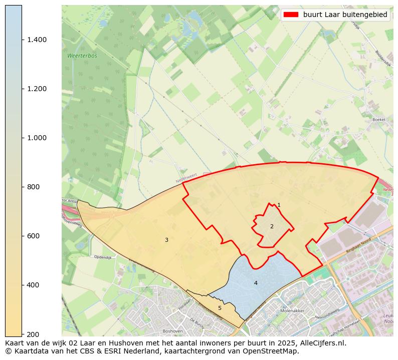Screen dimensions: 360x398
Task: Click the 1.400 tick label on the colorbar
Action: point(37,40)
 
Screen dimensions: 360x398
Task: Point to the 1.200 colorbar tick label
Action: point(37,89)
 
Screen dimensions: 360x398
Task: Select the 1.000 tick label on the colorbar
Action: point(37,138)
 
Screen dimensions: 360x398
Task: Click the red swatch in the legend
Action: point(291,15)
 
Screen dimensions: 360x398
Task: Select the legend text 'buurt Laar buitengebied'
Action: point(345,15)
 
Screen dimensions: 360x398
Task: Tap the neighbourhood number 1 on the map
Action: point(279,205)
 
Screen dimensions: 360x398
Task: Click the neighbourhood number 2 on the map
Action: point(272,226)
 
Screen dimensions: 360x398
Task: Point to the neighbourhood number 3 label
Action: point(166,240)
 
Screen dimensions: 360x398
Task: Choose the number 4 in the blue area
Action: point(256,283)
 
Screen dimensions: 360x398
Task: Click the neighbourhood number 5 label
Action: point(220,308)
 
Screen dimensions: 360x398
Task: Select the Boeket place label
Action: point(379,120)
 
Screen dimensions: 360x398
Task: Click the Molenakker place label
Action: point(293,311)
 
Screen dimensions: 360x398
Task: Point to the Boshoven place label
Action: point(172,331)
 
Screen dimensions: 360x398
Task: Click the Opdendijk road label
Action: point(102,257)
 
